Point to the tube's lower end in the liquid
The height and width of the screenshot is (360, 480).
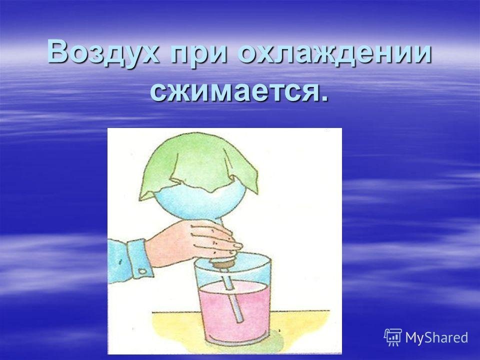pos(240,320)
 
